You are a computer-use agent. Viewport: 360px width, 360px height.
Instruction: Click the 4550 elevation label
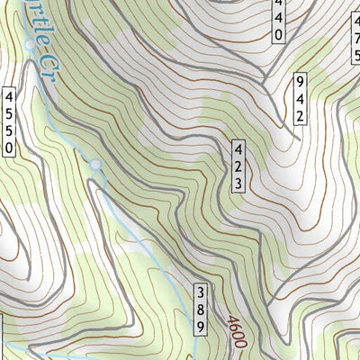tap(10, 122)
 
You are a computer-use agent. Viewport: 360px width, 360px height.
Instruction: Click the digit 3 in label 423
tap(239, 183)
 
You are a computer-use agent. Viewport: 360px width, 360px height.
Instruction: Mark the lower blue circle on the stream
tap(96, 166)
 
